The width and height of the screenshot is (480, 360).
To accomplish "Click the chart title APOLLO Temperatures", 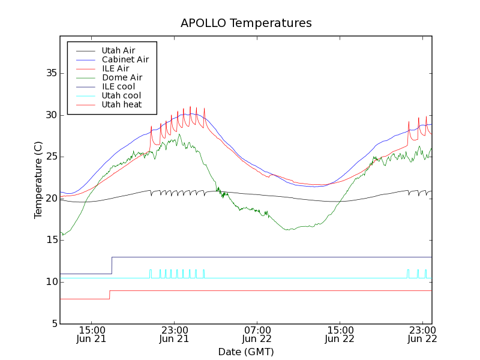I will (x=246, y=23).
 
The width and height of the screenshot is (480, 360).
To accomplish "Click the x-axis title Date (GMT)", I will (x=246, y=352).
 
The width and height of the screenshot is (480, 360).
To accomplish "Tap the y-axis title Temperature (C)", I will (x=38, y=180).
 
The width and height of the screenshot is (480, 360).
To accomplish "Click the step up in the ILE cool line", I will (x=112, y=265).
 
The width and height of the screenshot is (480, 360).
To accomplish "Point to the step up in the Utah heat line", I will (x=109, y=295).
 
